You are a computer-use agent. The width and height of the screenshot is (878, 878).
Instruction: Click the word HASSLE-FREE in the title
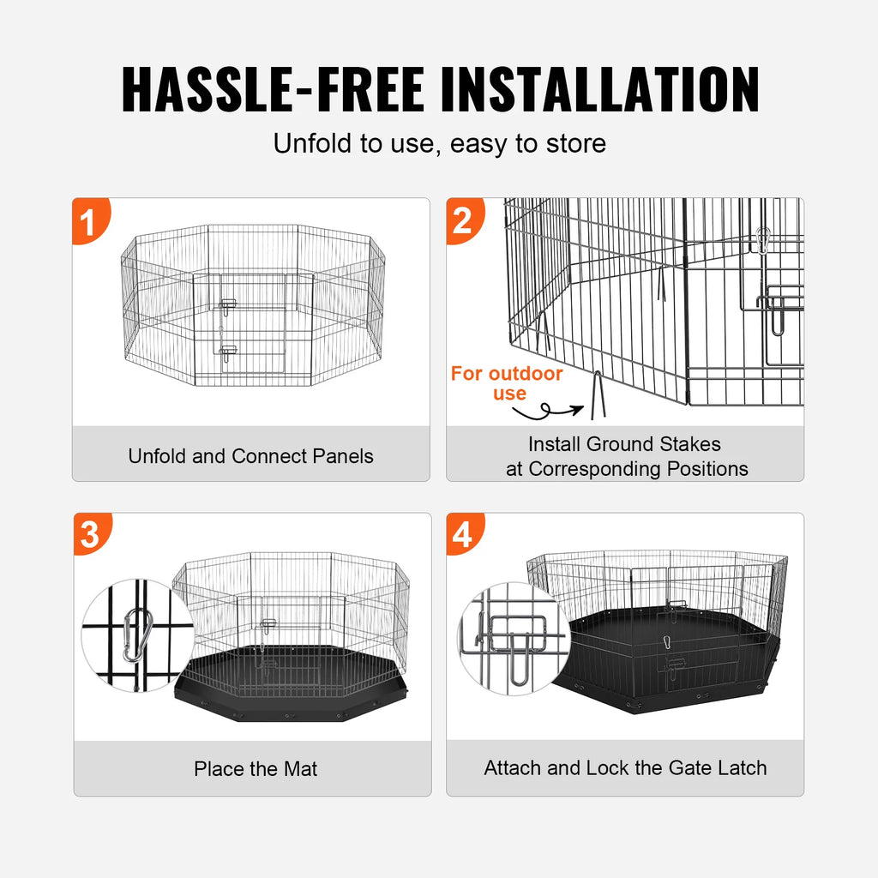[x=272, y=88]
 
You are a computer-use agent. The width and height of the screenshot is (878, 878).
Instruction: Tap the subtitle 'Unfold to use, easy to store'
[x=439, y=143]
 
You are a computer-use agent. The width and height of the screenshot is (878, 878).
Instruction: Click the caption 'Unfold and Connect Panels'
[x=250, y=455]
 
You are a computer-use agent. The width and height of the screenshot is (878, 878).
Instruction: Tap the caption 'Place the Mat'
[x=255, y=769]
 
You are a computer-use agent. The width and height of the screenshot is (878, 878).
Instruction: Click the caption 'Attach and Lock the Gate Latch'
[x=625, y=767]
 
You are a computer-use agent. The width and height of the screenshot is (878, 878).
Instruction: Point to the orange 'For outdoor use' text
[x=508, y=383]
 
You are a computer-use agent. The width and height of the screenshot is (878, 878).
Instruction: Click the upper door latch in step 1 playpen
[x=228, y=304]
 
